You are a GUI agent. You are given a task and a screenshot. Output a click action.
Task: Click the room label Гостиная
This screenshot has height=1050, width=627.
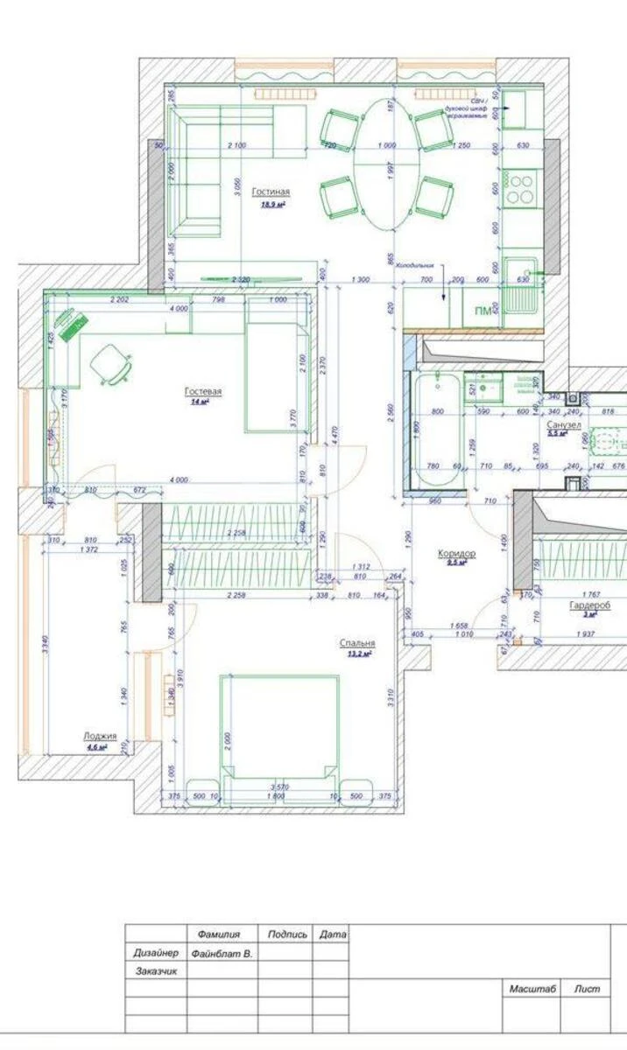271,192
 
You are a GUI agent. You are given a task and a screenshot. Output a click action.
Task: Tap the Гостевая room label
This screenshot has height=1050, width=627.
203,391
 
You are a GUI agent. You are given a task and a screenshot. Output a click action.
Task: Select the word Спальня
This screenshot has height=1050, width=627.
357,643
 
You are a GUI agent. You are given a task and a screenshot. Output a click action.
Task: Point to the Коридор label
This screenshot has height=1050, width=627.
457,554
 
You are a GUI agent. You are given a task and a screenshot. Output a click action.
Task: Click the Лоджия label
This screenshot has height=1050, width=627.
100,737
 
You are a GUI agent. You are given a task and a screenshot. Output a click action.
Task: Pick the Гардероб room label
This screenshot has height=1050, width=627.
589,605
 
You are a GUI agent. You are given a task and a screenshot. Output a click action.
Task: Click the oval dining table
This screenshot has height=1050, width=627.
386,164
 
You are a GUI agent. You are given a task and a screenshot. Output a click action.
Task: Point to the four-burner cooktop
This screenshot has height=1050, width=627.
521,188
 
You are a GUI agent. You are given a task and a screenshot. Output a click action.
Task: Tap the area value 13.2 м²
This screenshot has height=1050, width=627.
358,654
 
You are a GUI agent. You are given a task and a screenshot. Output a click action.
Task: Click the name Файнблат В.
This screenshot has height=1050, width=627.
222,953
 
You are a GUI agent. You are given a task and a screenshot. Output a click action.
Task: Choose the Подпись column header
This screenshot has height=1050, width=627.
287,934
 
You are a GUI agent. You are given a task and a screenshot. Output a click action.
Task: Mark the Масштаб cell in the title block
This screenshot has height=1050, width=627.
532,989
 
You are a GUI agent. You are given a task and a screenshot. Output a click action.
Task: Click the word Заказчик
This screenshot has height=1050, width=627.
157,971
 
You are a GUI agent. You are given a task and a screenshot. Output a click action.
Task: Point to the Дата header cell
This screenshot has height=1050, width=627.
333,934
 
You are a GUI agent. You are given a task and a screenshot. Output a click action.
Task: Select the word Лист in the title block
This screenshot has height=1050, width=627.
588,989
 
